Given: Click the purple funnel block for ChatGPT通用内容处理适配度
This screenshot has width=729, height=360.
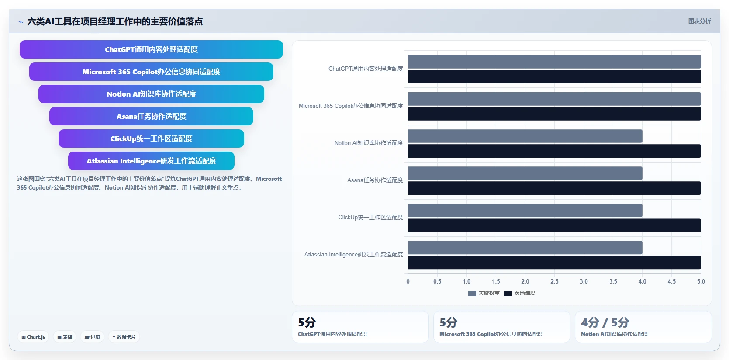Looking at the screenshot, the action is click(x=151, y=49).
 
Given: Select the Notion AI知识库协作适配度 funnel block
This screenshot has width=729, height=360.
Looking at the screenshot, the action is click(x=151, y=94).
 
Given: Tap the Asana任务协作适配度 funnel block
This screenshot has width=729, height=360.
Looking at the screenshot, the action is click(x=151, y=116).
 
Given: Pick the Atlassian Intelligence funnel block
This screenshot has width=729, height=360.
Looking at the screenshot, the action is click(x=151, y=161).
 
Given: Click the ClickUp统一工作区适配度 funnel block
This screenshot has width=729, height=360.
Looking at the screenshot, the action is click(x=151, y=138).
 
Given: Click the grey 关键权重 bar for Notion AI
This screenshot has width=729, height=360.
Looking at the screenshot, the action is click(x=525, y=136).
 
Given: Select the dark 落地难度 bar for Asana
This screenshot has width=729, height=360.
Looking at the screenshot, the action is click(x=554, y=188).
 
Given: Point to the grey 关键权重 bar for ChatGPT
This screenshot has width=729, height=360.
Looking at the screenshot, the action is click(x=554, y=62).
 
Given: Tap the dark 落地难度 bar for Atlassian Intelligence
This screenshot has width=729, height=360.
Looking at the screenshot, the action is click(x=554, y=262).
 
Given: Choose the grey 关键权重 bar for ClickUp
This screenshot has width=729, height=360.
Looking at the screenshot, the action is click(x=525, y=211).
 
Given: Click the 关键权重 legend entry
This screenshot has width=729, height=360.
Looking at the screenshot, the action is click(x=484, y=293).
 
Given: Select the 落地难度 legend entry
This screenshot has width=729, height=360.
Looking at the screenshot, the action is click(x=520, y=293).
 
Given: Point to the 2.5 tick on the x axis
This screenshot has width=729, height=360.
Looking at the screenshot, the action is click(x=554, y=281).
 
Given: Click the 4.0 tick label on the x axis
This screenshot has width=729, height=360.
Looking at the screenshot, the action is click(x=642, y=281).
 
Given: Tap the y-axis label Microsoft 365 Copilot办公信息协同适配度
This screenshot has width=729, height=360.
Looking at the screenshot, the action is click(x=351, y=106).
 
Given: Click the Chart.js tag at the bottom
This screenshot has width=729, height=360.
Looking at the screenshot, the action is click(x=33, y=337).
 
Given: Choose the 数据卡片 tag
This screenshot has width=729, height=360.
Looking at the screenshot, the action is click(x=124, y=337).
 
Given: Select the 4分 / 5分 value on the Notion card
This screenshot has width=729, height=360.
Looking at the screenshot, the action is click(x=605, y=322).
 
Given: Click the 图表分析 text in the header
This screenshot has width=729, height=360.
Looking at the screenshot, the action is click(x=699, y=21).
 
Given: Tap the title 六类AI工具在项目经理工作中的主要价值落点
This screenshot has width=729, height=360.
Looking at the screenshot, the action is click(x=115, y=21).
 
